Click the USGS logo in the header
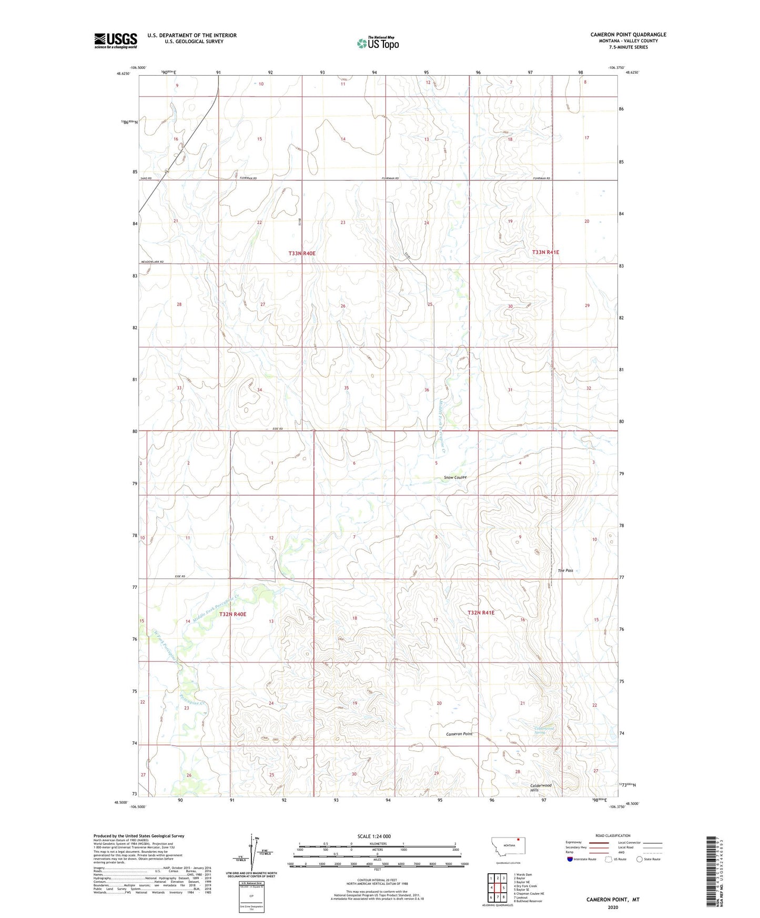point(116,40)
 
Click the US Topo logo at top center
point(378,43)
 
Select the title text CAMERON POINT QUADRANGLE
point(628,35)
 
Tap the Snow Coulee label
point(455,477)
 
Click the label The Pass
point(565,570)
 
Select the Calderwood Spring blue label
point(544,730)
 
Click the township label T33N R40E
point(302,253)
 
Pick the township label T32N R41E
point(481,613)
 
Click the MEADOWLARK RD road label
point(152,262)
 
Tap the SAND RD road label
point(146,179)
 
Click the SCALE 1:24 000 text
point(374,836)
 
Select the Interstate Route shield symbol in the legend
point(570,859)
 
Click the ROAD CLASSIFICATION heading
point(613,835)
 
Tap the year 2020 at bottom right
point(613,907)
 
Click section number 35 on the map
point(346,388)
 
